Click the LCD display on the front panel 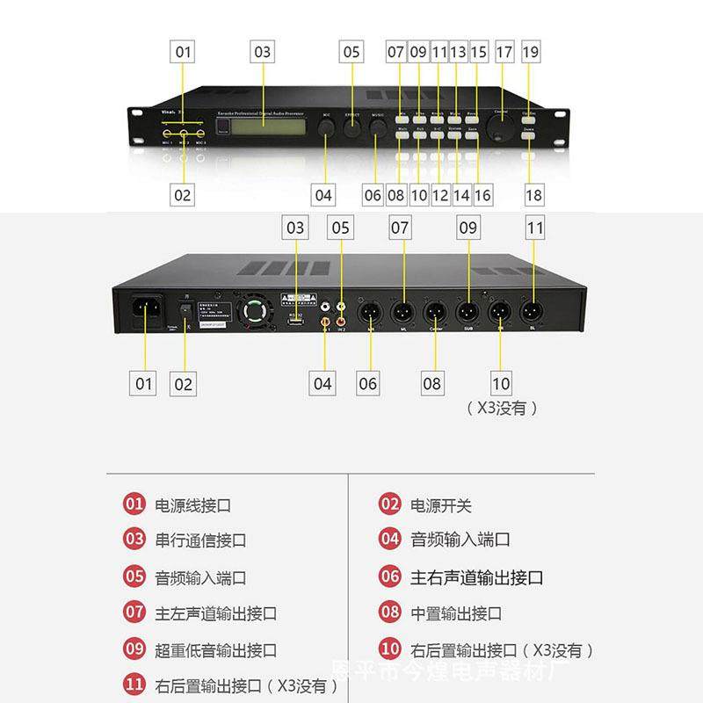(262, 127)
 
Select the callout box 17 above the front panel (504, 52)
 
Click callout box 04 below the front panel (323, 194)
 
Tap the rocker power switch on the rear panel (185, 310)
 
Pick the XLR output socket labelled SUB (466, 311)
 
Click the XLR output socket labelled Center (433, 311)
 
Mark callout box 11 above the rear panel (535, 228)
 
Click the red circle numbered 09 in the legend (134, 650)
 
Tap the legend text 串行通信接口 (200, 540)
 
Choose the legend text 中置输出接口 (456, 613)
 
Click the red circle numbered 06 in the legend (390, 577)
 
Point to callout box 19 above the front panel (530, 52)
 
